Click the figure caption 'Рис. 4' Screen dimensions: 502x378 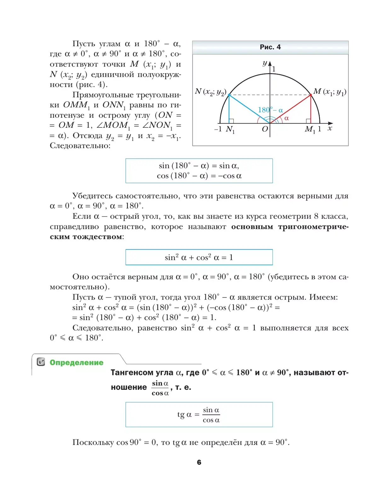pyautogui.click(x=270, y=47)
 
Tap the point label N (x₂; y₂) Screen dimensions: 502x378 pyautogui.click(x=210, y=92)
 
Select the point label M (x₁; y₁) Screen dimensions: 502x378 pyautogui.click(x=330, y=92)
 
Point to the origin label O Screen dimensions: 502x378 pyautogui.click(x=265, y=129)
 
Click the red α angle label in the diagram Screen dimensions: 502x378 pyautogui.click(x=286, y=118)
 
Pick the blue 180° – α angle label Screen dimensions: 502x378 pyautogui.click(x=270, y=110)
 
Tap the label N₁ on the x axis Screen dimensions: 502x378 pyautogui.click(x=230, y=129)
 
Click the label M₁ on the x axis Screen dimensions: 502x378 pyautogui.click(x=310, y=129)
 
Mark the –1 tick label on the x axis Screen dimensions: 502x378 pyautogui.click(x=218, y=129)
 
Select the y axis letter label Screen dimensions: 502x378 pyautogui.click(x=265, y=63)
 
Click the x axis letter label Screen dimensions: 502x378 pyautogui.click(x=329, y=128)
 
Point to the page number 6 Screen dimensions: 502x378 pyautogui.click(x=199, y=462)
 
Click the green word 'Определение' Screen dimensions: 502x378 pyautogui.click(x=77, y=362)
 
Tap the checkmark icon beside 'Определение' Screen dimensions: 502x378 pyautogui.click(x=41, y=362)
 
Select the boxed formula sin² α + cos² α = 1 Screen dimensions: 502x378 pyautogui.click(x=199, y=257)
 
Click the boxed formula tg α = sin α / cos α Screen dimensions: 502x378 pyautogui.click(x=199, y=415)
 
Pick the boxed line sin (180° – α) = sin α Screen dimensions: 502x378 pyautogui.click(x=199, y=166)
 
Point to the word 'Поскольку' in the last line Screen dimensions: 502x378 pyautogui.click(x=93, y=442)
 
